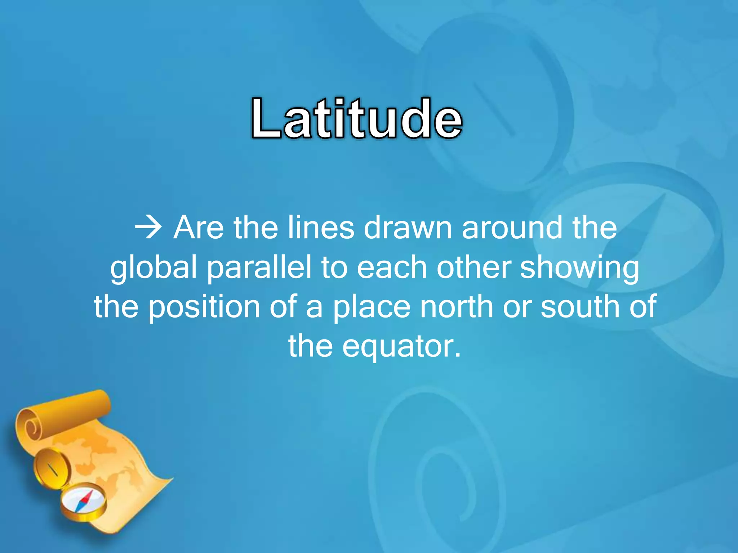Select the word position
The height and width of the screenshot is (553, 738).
point(204,307)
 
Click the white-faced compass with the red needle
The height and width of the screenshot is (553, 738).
point(83,502)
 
